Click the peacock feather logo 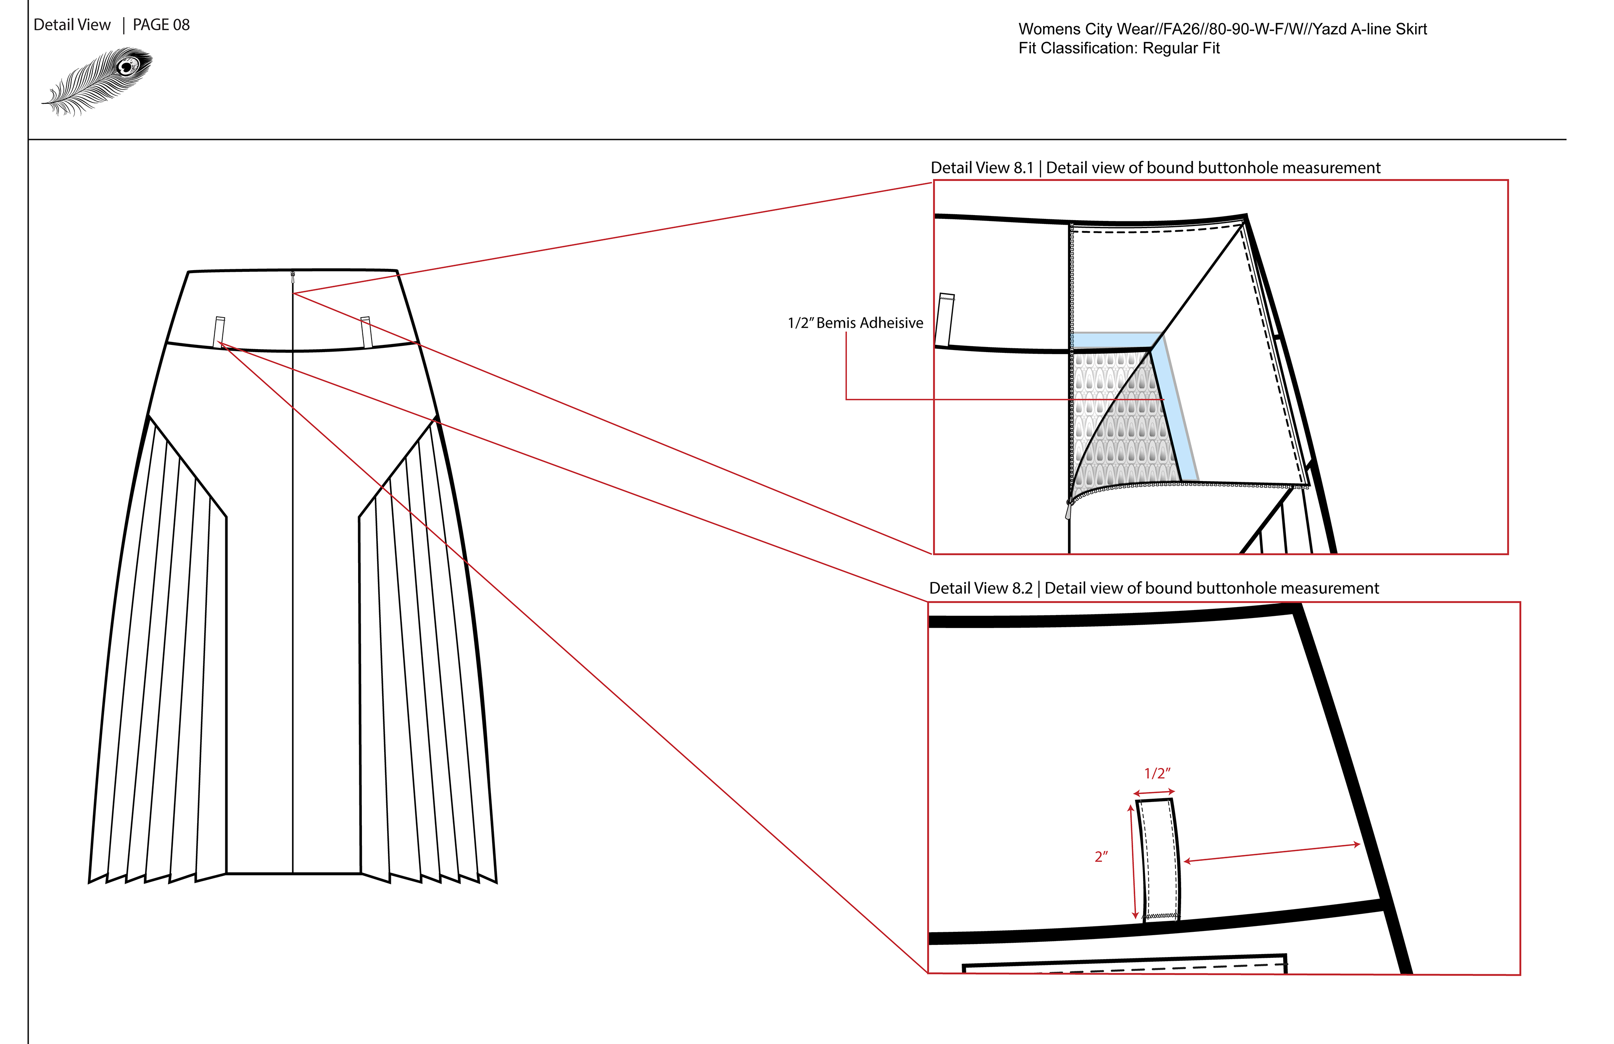pyautogui.click(x=98, y=80)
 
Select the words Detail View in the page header pyautogui.click(x=72, y=25)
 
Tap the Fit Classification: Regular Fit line pyautogui.click(x=1118, y=48)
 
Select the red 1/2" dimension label pyautogui.click(x=1157, y=773)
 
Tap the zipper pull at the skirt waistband pyautogui.click(x=293, y=276)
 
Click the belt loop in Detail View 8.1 pyautogui.click(x=945, y=320)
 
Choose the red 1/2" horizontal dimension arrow pyautogui.click(x=1153, y=792)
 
